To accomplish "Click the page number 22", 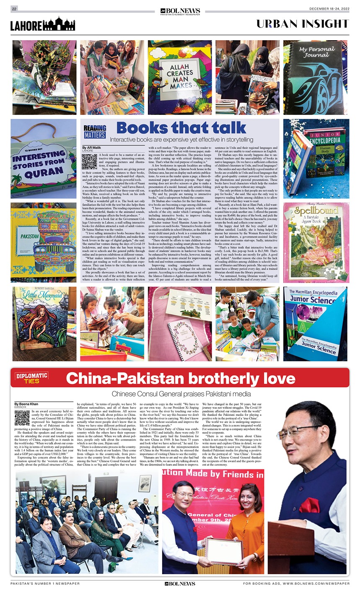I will tap(14, 9).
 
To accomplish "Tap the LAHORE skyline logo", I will tap(43, 24).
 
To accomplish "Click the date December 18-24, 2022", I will tap(329, 9).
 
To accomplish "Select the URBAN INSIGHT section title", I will tap(302, 23).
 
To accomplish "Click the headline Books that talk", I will tap(181, 128).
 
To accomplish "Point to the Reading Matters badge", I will tap(95, 132).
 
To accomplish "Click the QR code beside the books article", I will tap(89, 161).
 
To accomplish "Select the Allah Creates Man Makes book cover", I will tap(180, 78).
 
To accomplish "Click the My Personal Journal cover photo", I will tap(315, 78).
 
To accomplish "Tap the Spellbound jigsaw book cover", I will tap(315, 237).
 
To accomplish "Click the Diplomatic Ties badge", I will tap(32, 378).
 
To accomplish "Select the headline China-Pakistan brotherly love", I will tap(180, 378).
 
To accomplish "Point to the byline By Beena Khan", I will tap(26, 404).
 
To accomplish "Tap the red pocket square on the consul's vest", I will tap(309, 505).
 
